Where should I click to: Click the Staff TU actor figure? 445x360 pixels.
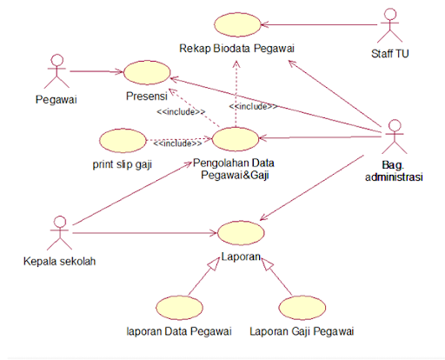click(x=389, y=25)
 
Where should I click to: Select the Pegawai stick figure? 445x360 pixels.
click(x=56, y=71)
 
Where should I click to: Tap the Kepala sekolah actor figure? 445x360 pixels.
click(x=60, y=233)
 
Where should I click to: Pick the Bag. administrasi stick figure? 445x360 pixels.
click(x=395, y=137)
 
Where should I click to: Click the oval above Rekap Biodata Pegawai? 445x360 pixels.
click(x=237, y=24)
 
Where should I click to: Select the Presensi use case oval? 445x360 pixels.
click(x=147, y=72)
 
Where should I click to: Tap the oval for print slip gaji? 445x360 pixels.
click(x=123, y=141)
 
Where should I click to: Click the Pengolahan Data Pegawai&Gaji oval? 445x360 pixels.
click(x=236, y=139)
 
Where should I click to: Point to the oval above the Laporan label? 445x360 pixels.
click(x=241, y=233)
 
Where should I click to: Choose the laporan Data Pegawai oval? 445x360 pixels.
click(x=179, y=308)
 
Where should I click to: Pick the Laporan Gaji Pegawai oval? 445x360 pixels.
click(x=302, y=308)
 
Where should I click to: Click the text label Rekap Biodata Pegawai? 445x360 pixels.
click(x=236, y=49)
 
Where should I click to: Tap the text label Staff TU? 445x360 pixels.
click(x=390, y=54)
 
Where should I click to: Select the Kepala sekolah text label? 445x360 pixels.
click(x=59, y=261)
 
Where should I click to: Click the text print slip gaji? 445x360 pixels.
click(x=123, y=164)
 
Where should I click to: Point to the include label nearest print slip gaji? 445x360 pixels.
click(x=177, y=143)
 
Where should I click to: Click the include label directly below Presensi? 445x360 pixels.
click(x=181, y=111)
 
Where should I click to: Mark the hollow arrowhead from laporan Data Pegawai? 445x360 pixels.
click(x=214, y=263)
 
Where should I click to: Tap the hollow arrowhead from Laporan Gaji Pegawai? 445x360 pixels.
click(x=267, y=264)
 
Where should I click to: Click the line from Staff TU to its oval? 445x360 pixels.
click(x=319, y=24)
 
